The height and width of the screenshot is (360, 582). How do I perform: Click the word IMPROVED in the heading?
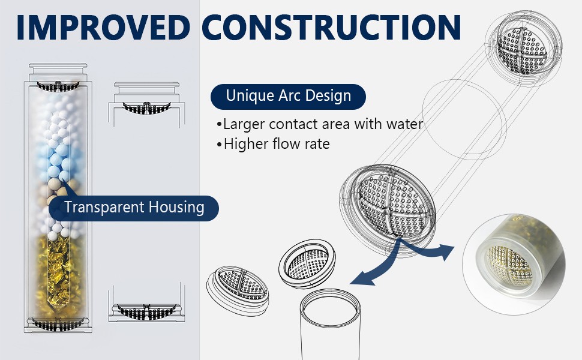pos(103,27)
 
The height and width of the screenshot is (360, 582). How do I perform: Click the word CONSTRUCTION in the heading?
pos(331,27)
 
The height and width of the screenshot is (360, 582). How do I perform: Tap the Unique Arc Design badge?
pos(288,96)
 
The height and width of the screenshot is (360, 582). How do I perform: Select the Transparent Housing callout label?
pos(134,208)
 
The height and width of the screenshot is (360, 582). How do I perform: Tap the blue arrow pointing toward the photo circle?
pos(431,251)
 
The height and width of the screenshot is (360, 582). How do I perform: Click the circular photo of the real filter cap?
pos(514,264)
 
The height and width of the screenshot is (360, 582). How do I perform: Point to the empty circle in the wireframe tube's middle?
pos(464,119)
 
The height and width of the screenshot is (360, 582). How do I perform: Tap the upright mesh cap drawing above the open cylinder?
pos(307,263)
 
